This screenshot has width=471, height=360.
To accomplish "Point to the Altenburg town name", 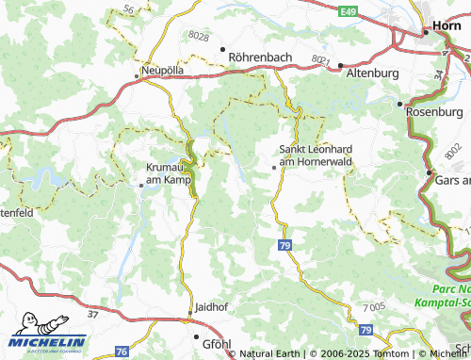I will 373,73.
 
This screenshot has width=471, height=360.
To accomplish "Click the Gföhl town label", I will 216,343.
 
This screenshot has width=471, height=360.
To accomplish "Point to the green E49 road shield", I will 349,12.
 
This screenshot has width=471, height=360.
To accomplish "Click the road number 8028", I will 199,36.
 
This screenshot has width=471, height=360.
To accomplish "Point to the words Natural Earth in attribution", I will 269,354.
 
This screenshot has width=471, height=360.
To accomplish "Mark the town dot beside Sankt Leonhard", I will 274,167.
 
